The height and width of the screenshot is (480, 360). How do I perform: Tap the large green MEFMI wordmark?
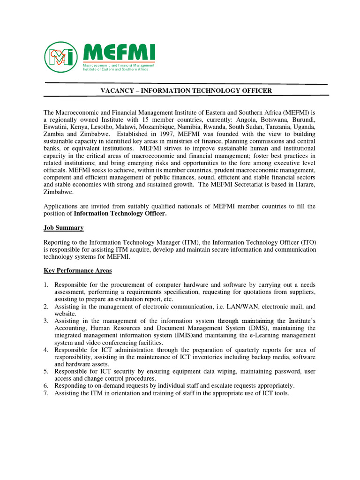[119, 52]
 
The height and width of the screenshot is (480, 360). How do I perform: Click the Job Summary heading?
[64, 228]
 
